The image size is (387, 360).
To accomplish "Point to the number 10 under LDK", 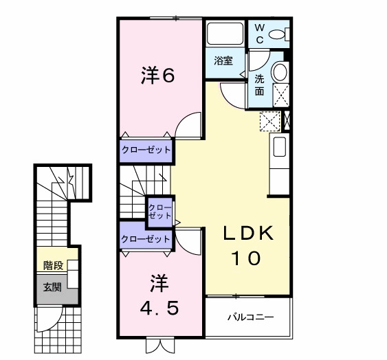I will (x=245, y=259).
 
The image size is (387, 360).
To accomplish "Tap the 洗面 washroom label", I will (x=260, y=85).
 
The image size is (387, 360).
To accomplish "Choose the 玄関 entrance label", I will (x=52, y=287).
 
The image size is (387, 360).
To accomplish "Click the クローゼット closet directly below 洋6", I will (x=146, y=149).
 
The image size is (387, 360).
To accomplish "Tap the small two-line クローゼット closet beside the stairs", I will (x=161, y=210).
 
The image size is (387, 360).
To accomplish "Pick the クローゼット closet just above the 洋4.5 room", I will (x=145, y=239).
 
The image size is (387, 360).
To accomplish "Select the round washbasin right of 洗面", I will (x=280, y=73).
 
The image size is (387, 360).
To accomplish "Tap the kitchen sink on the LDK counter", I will (x=279, y=146).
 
